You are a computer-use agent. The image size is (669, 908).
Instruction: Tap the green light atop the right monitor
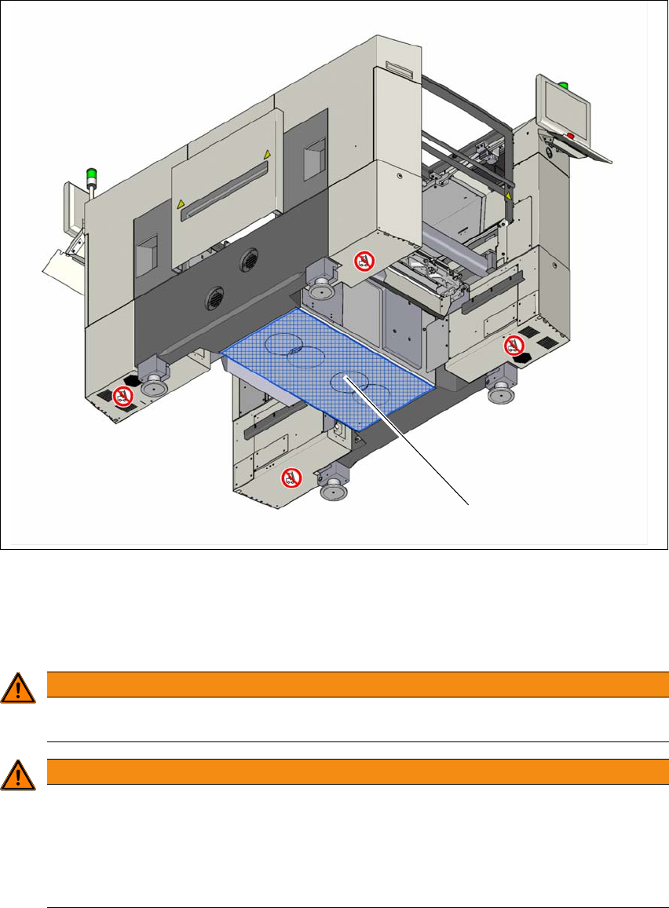click(x=562, y=84)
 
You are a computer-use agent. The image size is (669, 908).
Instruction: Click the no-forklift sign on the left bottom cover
click(x=122, y=395)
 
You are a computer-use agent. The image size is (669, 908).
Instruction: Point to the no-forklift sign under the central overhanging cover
click(x=363, y=259)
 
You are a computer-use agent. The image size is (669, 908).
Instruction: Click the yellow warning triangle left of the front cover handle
click(x=181, y=204)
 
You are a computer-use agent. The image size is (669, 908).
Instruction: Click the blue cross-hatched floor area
click(x=330, y=369)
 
